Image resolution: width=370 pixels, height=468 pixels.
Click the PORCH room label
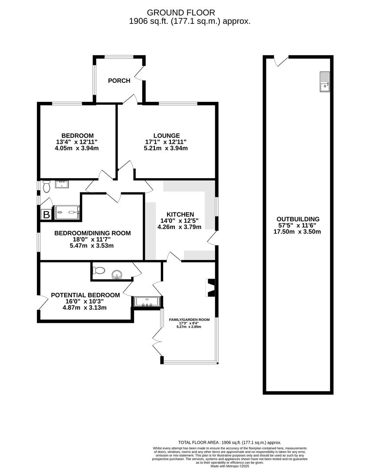coord(119,81)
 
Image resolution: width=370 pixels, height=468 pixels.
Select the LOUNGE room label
coord(166,136)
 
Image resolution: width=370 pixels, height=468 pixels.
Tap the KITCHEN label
coord(180,214)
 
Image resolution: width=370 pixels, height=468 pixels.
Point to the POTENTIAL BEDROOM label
coord(85,295)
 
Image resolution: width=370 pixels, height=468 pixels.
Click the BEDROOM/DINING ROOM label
coord(92,233)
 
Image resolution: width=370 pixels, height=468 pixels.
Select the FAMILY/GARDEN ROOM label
coord(189,320)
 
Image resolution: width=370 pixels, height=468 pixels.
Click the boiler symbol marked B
coord(46,214)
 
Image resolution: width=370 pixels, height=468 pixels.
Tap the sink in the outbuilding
coord(324,81)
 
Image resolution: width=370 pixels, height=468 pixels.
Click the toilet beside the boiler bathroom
coord(47,185)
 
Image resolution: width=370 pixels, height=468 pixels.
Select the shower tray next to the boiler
coord(67,212)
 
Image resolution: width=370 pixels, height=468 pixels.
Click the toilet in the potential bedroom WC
coord(99,270)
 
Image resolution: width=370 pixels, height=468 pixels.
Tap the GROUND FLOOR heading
coord(181,13)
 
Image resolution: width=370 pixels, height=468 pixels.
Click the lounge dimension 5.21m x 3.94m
coord(166,148)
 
